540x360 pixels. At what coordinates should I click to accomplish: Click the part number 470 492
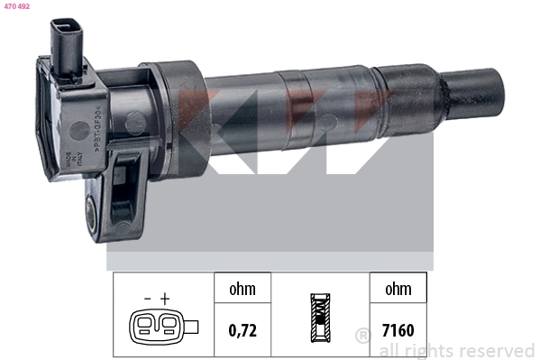[x=16, y=6]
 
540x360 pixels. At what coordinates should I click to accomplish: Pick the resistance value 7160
[x=397, y=330]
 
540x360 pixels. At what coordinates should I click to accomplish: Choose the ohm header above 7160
[x=397, y=289]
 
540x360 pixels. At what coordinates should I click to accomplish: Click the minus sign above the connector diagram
[x=147, y=297]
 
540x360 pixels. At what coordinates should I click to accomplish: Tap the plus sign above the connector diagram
[x=165, y=297]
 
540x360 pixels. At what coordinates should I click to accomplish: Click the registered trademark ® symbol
[x=362, y=337]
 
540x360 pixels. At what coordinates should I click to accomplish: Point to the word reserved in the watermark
[x=499, y=350]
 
